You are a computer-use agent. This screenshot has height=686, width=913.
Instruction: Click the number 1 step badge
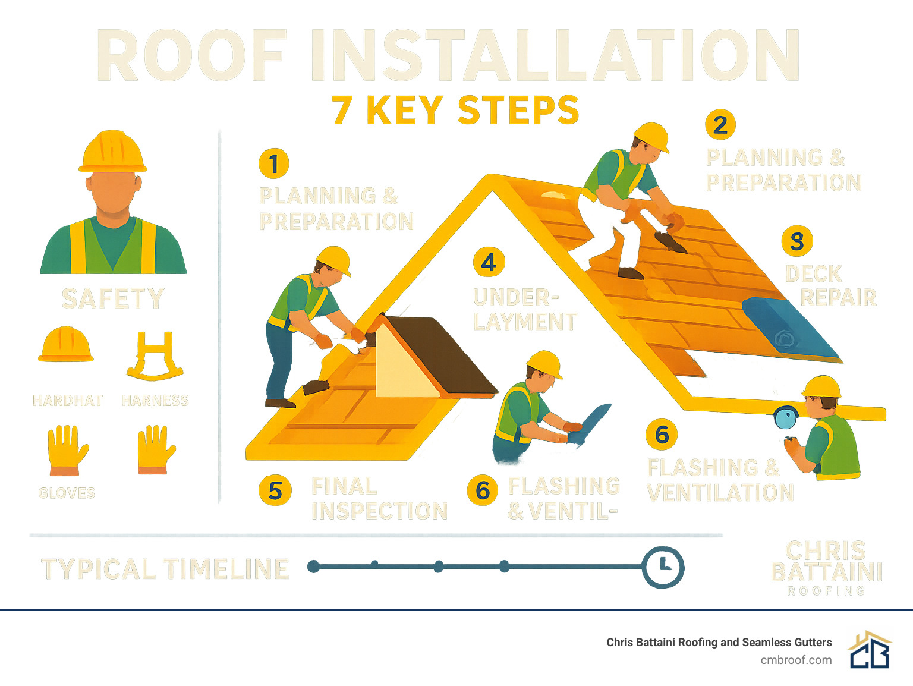pyautogui.click(x=273, y=163)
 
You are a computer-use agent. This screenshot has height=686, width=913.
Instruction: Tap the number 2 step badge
pyautogui.click(x=720, y=125)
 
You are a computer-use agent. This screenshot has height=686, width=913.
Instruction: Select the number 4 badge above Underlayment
pyautogui.click(x=489, y=262)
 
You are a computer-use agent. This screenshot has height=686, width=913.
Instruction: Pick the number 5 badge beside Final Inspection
pyautogui.click(x=275, y=491)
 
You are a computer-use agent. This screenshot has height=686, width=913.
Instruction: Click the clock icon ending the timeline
pyautogui.click(x=663, y=567)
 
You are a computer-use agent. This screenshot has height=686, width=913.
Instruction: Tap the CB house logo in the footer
pyautogui.click(x=870, y=650)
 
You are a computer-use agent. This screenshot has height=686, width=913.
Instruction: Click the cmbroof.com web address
pyautogui.click(x=796, y=660)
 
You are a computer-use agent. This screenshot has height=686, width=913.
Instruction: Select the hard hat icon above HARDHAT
pyautogui.click(x=65, y=345)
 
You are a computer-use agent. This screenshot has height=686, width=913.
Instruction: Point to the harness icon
pyautogui.click(x=155, y=357)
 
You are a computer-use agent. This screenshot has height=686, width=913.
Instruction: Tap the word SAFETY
pyautogui.click(x=113, y=298)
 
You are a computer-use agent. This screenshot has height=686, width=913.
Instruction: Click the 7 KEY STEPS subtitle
pyautogui.click(x=455, y=111)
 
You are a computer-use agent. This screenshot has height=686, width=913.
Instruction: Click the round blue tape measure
pyautogui.click(x=786, y=417)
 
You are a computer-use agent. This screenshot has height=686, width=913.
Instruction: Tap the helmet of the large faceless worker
pyautogui.click(x=113, y=152)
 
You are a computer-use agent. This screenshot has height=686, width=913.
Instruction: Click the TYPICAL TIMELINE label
pyautogui.click(x=165, y=569)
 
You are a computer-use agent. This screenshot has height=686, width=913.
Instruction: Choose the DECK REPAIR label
pyautogui.click(x=830, y=285)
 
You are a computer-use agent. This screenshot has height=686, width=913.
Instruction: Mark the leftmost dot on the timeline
pyautogui.click(x=314, y=567)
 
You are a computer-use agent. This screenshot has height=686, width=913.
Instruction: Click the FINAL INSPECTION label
pyautogui.click(x=379, y=499)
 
